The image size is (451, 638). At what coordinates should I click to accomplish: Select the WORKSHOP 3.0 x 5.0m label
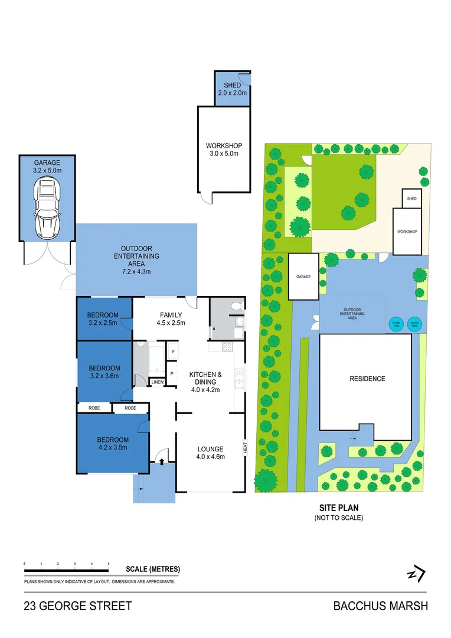click(x=224, y=150)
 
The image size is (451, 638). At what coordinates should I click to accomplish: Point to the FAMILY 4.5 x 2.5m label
click(x=171, y=319)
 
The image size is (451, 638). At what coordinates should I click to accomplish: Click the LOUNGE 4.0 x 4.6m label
click(x=210, y=453)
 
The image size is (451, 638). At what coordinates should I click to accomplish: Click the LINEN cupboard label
click(x=157, y=383)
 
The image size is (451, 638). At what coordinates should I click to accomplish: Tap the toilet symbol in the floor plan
click(x=237, y=306)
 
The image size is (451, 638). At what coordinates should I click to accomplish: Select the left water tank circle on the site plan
click(x=394, y=323)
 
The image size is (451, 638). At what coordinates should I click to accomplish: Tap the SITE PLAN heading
click(x=339, y=507)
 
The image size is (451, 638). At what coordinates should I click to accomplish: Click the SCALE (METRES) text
click(x=153, y=569)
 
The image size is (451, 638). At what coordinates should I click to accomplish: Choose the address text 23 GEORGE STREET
click(x=78, y=606)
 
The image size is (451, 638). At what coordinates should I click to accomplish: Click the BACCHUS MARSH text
click(x=380, y=606)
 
